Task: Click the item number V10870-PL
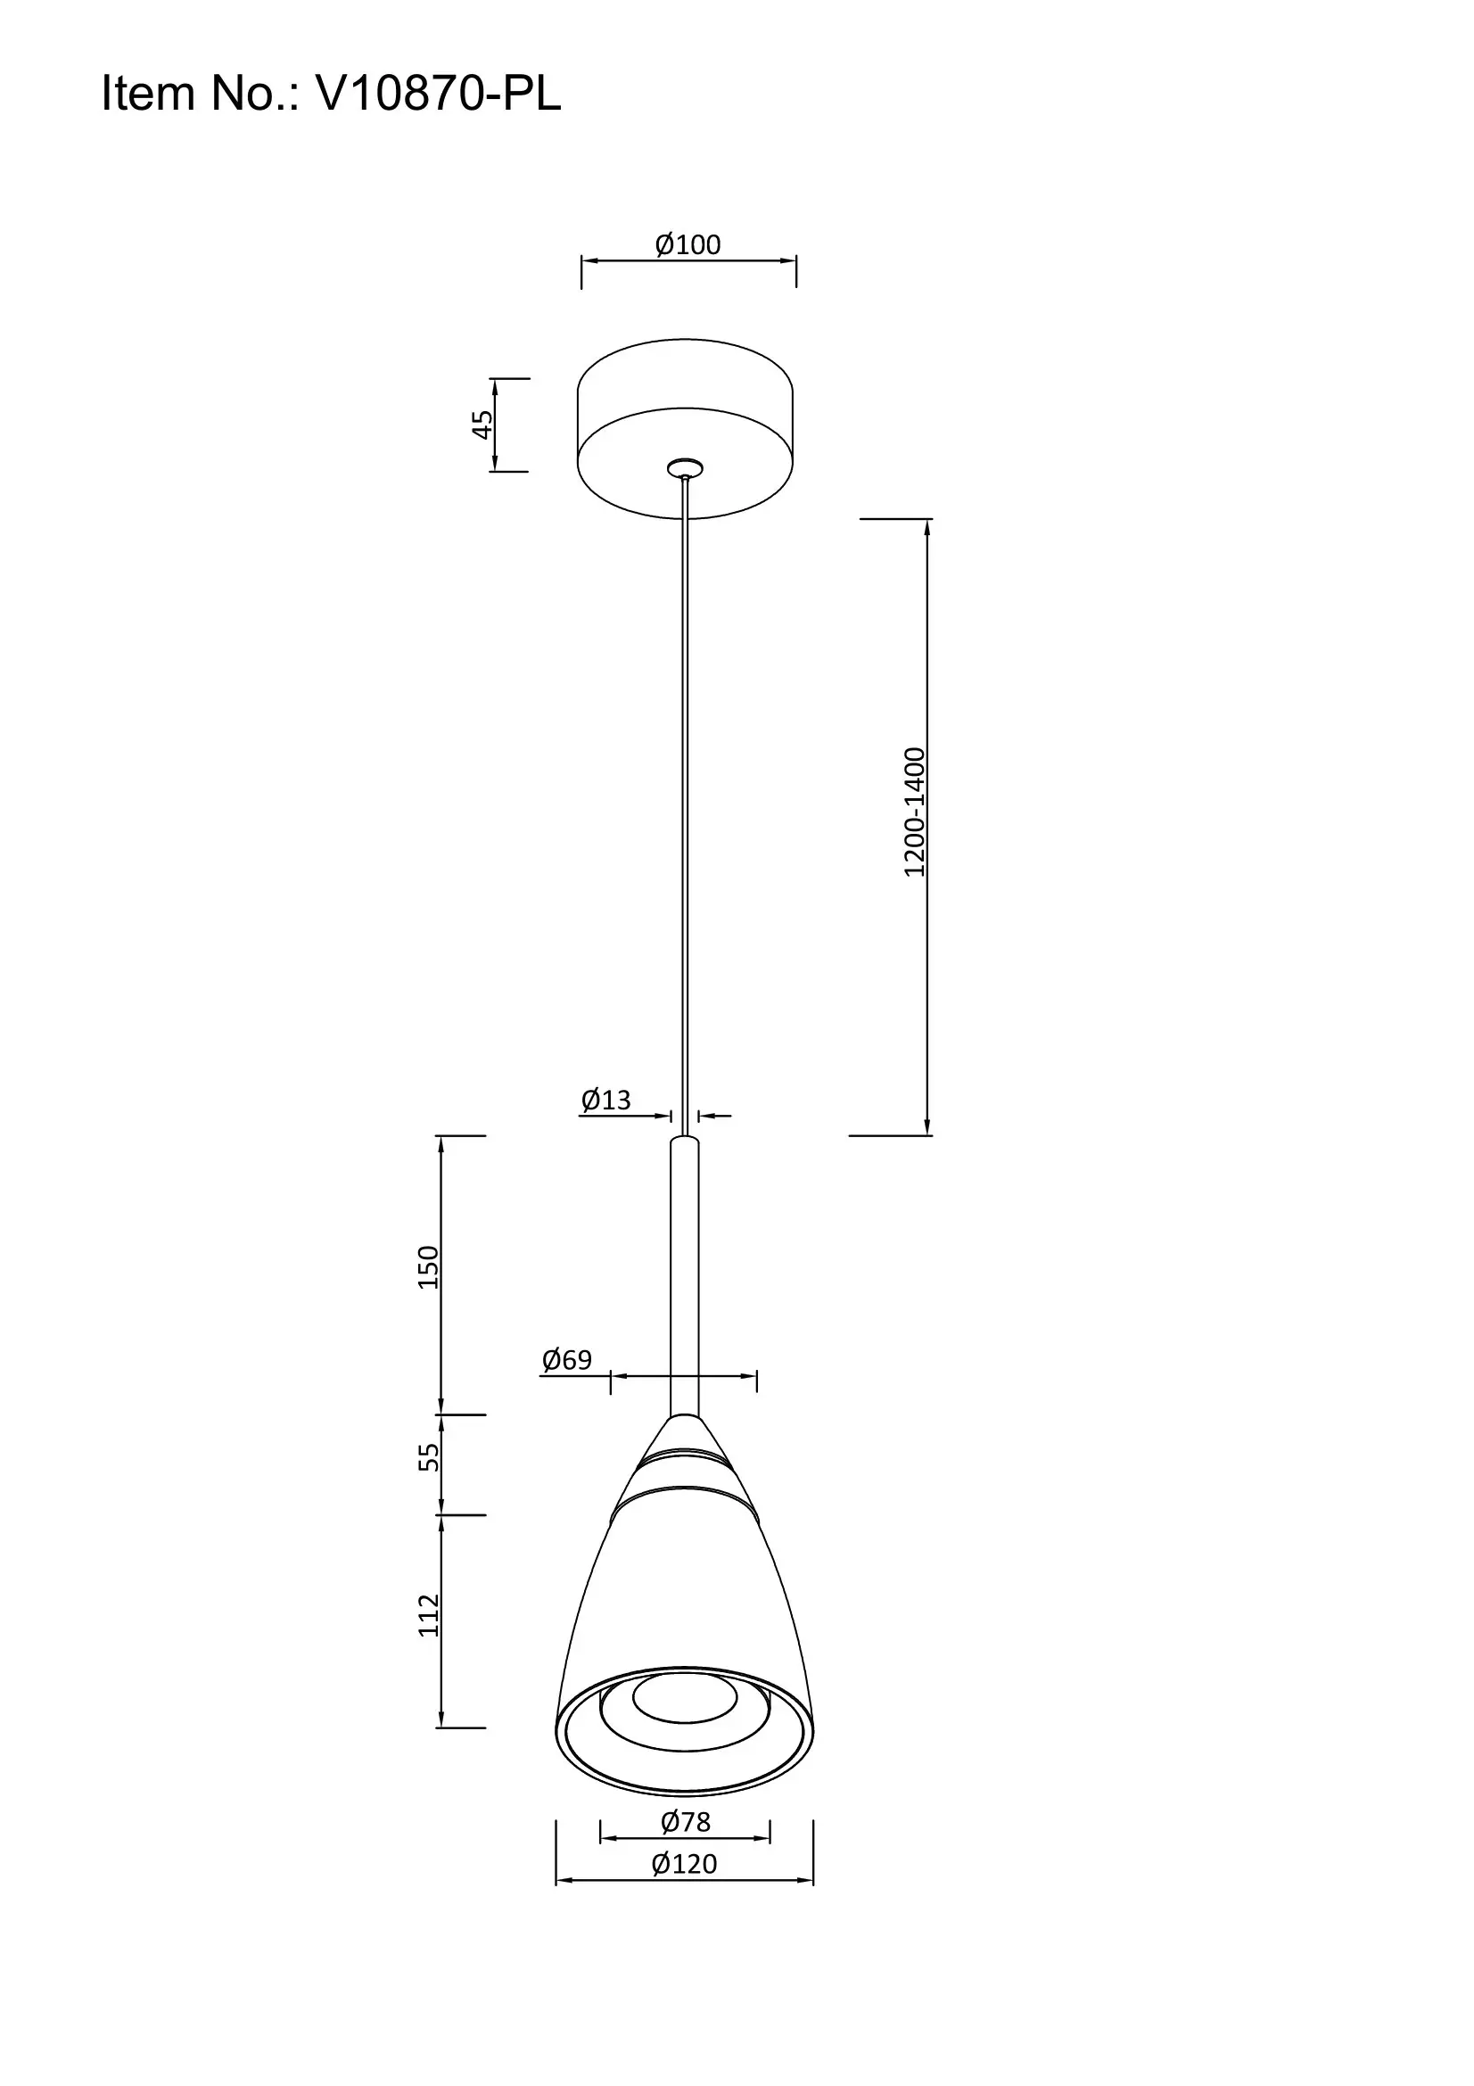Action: tap(439, 94)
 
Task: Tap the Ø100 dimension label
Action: tap(688, 244)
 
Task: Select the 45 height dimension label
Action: tap(482, 425)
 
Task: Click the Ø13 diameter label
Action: tap(605, 1101)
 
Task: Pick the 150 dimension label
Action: tap(428, 1267)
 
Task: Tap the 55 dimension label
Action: tap(428, 1458)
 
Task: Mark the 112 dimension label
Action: tap(428, 1616)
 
